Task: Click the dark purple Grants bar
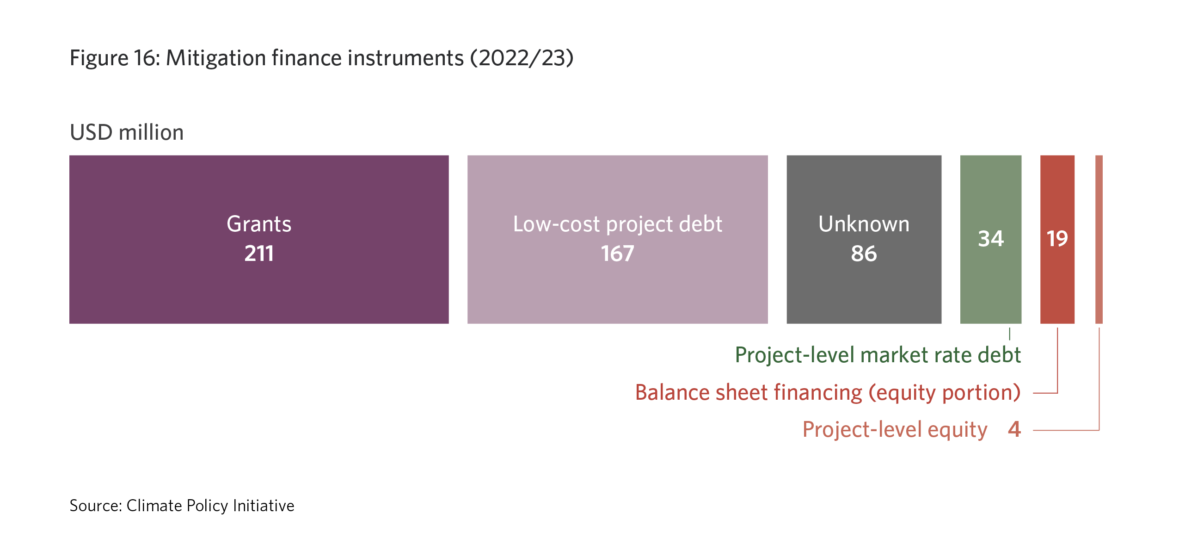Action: click(x=259, y=239)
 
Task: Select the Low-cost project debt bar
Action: click(x=618, y=239)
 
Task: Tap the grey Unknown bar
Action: click(x=864, y=239)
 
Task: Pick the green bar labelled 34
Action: click(x=991, y=239)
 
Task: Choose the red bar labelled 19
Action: click(x=1057, y=239)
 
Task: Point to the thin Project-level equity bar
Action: click(x=1099, y=239)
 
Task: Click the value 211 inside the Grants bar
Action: click(x=259, y=254)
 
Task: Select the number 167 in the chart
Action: click(x=618, y=254)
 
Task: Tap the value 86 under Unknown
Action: click(x=864, y=254)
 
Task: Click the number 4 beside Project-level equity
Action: click(x=1014, y=429)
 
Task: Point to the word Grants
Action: click(x=259, y=224)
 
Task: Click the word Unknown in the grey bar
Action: click(x=864, y=224)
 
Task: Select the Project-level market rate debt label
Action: click(x=878, y=355)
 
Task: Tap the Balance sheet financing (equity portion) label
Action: click(x=828, y=393)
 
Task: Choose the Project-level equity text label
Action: click(x=895, y=430)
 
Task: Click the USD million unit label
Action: click(x=127, y=133)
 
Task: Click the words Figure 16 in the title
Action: click(x=115, y=58)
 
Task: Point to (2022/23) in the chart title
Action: click(x=522, y=58)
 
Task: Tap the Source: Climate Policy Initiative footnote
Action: click(x=182, y=506)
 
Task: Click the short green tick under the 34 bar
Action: click(x=1010, y=334)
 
